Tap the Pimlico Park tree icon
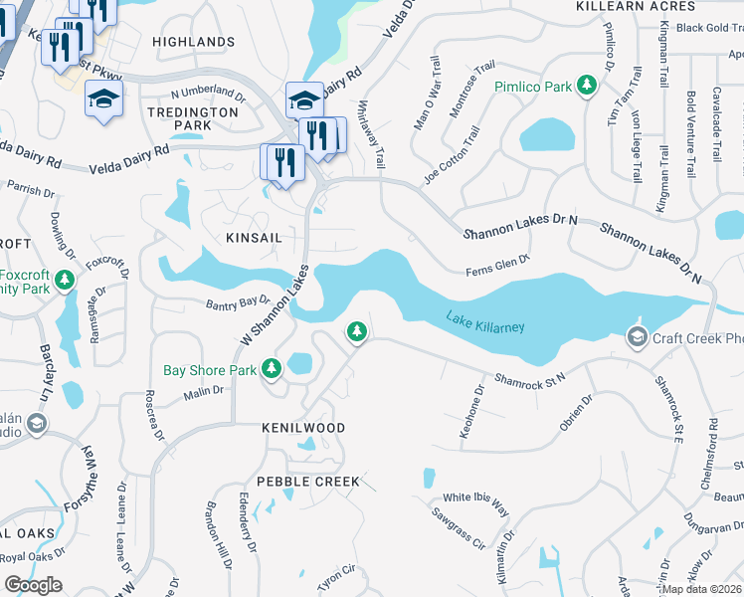click(x=588, y=87)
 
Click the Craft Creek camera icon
click(x=637, y=339)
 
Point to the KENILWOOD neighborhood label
click(x=303, y=428)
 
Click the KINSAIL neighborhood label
click(x=253, y=239)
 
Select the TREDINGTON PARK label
click(x=193, y=119)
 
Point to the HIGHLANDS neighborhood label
click(x=194, y=42)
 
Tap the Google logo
click(x=33, y=585)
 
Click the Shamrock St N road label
click(x=530, y=378)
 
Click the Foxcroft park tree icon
click(x=65, y=280)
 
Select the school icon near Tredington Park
click(x=103, y=99)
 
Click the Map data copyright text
click(x=702, y=589)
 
